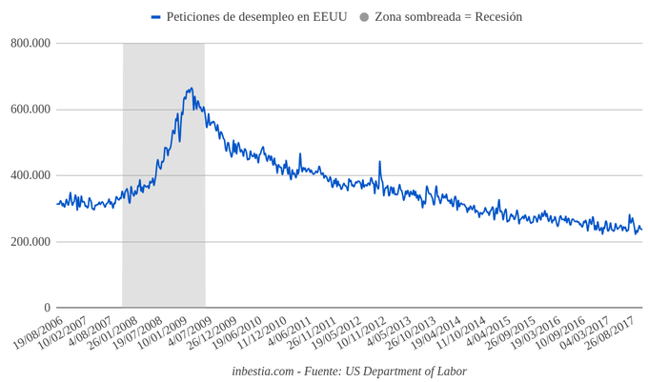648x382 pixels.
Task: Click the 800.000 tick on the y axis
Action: pos(31,43)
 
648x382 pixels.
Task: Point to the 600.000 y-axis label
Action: pos(31,110)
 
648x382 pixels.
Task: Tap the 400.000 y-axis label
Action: pos(31,175)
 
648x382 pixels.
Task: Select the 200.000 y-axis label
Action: pos(31,242)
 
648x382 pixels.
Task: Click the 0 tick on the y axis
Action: pos(46,308)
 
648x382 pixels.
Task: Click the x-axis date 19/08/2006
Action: pos(39,333)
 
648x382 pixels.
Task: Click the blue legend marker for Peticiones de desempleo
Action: pos(156,17)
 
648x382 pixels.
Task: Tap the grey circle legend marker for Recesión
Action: pos(364,17)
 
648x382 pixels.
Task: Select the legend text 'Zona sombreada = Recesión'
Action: pos(448,17)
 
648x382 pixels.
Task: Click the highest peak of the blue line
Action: pos(192,89)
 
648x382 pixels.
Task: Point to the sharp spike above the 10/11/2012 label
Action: pos(379,162)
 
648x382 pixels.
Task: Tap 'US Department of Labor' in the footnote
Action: pos(409,371)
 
